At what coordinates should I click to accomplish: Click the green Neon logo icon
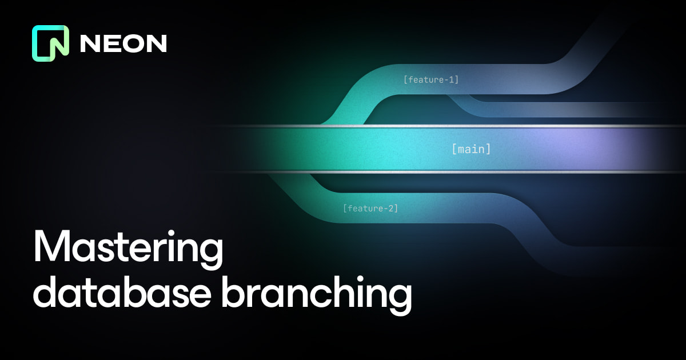coord(50,43)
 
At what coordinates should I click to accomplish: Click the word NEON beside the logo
coord(123,43)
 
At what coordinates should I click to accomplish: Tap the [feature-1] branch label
coord(431,79)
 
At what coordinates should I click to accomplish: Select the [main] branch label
coord(472,150)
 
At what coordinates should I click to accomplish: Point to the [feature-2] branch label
coord(370,209)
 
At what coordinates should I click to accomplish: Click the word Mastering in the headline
coord(127,247)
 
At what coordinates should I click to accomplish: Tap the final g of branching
coord(398,300)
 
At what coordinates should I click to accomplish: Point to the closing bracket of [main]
coord(488,150)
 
